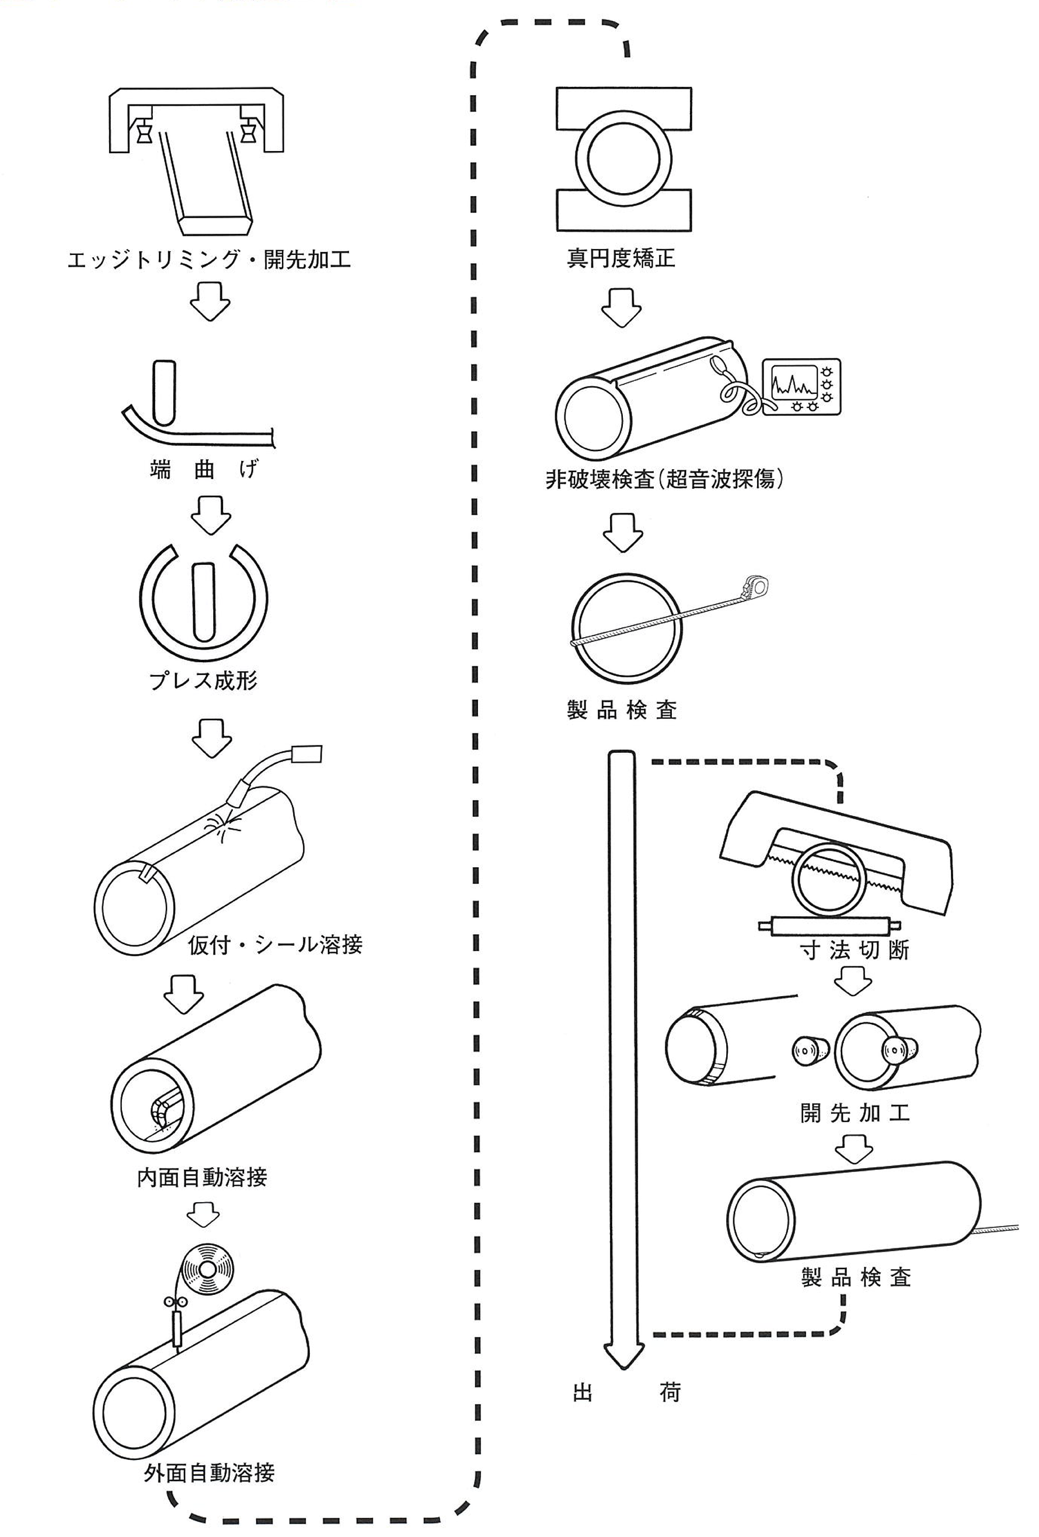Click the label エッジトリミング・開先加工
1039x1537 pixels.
[x=208, y=259]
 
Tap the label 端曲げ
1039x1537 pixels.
[x=203, y=470]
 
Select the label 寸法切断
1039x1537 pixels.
[x=855, y=951]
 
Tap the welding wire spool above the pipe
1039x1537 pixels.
[x=208, y=1270]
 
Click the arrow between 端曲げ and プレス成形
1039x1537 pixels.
[x=211, y=514]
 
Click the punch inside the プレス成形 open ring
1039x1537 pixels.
[x=204, y=601]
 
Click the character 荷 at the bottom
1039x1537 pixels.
[x=670, y=1393]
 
